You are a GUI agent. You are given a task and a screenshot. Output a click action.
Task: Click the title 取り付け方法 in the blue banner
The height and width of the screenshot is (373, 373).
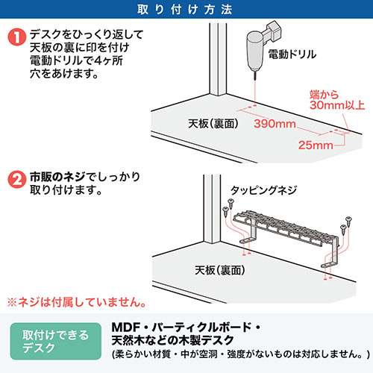coord(185,10)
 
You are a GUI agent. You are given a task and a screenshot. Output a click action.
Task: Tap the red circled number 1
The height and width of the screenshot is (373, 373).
coord(17,37)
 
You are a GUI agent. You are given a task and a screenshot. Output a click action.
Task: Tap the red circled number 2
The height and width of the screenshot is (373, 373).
coord(17,180)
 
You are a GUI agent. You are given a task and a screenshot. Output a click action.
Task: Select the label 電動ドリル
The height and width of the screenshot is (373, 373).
coord(292,54)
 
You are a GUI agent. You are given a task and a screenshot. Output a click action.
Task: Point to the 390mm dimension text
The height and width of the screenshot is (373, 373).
coord(275,124)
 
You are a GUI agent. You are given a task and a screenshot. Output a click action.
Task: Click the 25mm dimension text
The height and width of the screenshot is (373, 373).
coord(316,145)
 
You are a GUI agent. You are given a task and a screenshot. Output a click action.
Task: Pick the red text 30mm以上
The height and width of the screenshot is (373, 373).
coord(337,105)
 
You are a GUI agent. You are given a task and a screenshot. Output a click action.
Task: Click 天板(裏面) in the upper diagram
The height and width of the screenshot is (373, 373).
coord(213,124)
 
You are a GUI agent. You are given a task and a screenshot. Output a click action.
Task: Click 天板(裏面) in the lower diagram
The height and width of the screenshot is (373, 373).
coord(220,270)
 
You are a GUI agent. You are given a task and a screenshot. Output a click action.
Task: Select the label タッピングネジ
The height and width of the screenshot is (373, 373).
coord(264,190)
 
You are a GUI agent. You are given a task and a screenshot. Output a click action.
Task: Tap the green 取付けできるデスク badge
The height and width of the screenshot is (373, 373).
coord(56,341)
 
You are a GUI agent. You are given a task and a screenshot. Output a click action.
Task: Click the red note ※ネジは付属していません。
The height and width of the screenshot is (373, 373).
coord(76,302)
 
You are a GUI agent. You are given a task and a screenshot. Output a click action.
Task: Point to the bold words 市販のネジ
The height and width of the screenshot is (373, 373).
coord(57,177)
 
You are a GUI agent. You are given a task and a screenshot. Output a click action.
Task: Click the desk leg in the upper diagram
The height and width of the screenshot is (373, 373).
coord(218,60)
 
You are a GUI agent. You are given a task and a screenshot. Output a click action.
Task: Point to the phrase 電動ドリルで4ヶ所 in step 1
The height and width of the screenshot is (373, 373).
coord(76,60)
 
